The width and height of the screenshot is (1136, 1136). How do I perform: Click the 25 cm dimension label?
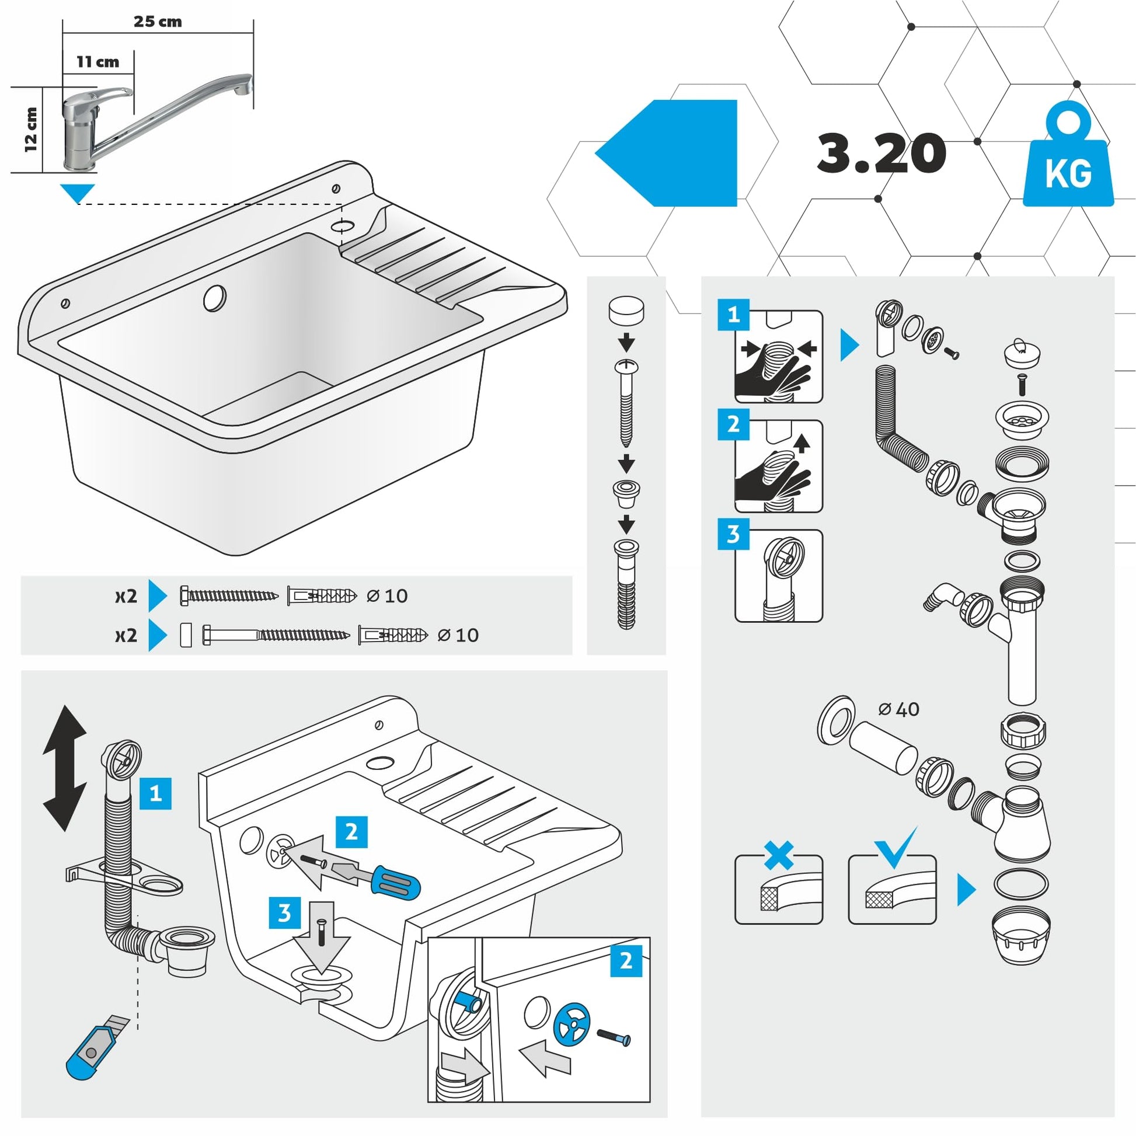pyautogui.click(x=158, y=22)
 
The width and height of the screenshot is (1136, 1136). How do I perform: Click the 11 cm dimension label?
pyautogui.click(x=97, y=62)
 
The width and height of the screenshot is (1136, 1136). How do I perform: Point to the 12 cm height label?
pyautogui.click(x=30, y=130)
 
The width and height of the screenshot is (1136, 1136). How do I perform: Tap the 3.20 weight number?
pyautogui.click(x=881, y=153)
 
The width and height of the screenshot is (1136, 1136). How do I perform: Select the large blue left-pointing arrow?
pyautogui.click(x=670, y=153)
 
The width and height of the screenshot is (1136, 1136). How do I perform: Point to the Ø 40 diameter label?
pyautogui.click(x=898, y=709)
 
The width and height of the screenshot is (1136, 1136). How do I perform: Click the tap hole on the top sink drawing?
pyautogui.click(x=343, y=225)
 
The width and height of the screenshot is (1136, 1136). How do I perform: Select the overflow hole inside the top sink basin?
pyautogui.click(x=215, y=298)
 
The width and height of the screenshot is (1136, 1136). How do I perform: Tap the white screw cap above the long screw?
pyautogui.click(x=626, y=310)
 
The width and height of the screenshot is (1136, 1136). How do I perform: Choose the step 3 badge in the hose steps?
pyautogui.click(x=733, y=534)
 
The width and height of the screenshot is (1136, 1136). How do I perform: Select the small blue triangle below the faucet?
pyautogui.click(x=77, y=192)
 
